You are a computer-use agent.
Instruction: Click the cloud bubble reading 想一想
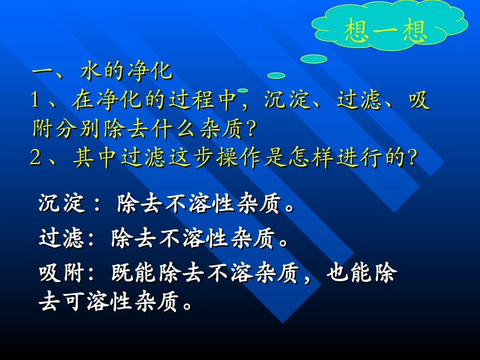[x=386, y=30]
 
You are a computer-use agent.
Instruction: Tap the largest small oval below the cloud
[x=313, y=59]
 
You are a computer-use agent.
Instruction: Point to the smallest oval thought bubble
[x=243, y=90]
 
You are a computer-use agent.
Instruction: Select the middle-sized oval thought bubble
[x=276, y=76]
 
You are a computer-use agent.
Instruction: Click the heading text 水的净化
[x=126, y=72]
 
